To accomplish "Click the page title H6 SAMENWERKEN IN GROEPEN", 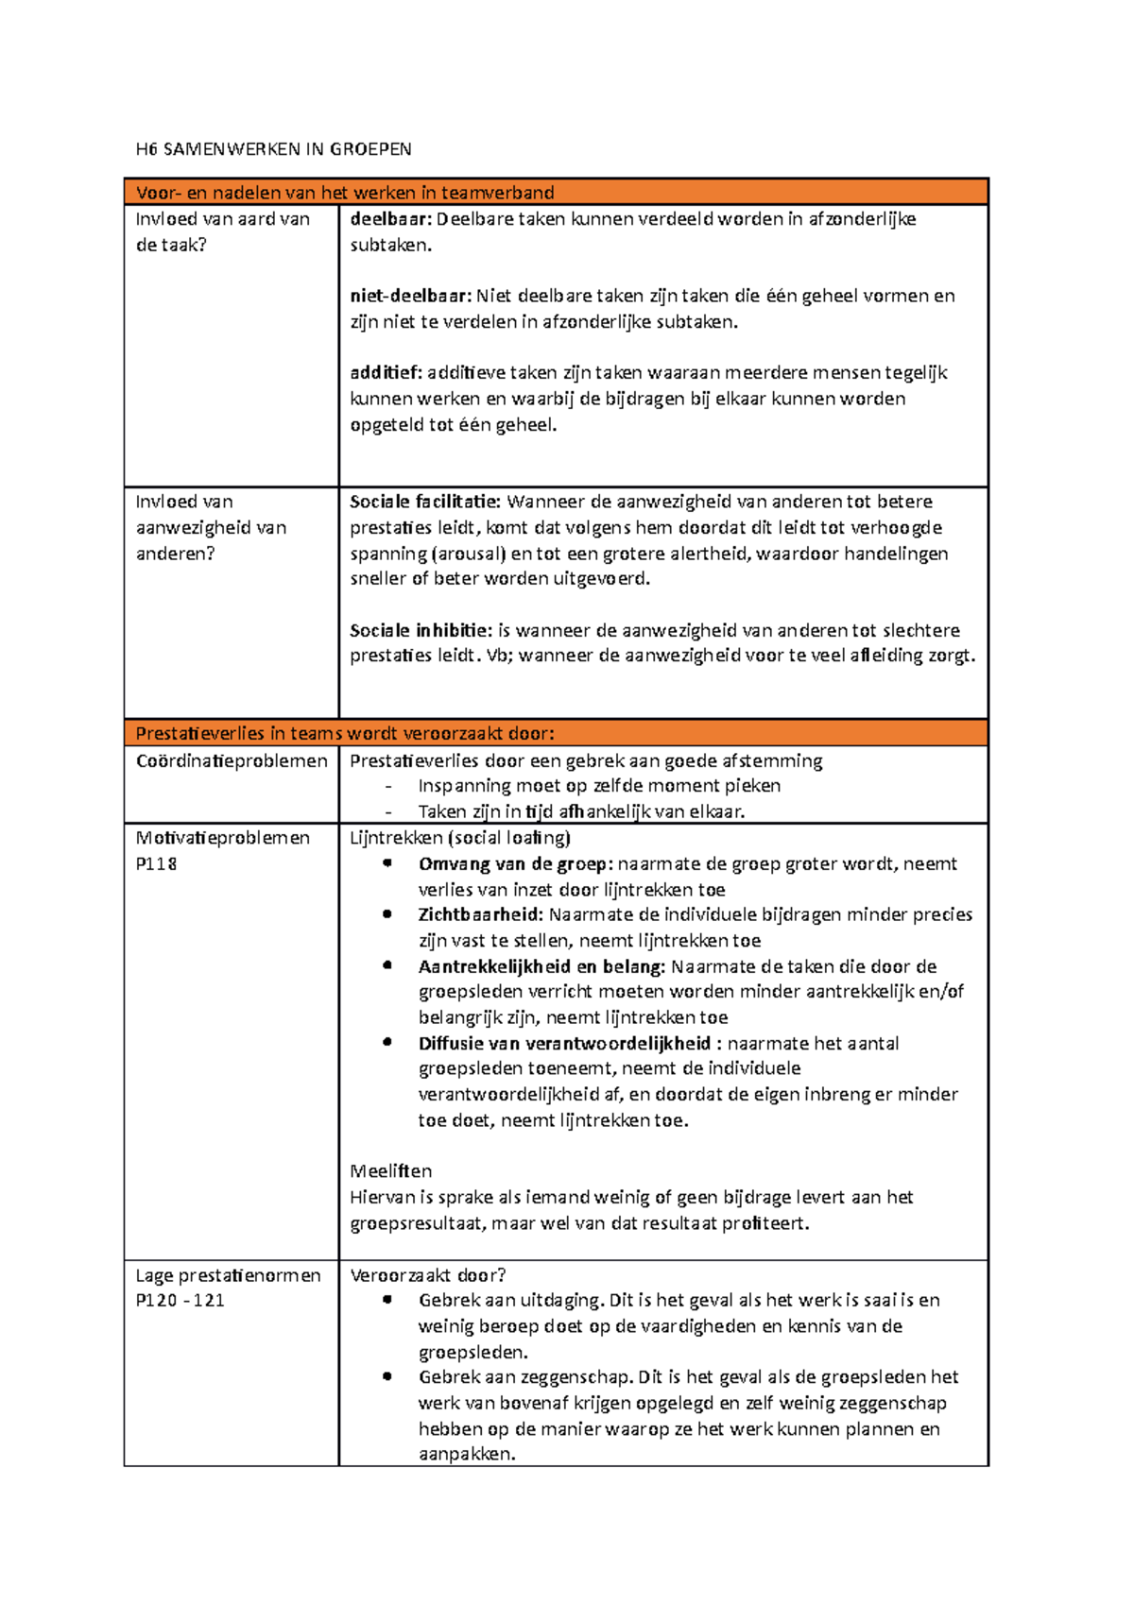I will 273,149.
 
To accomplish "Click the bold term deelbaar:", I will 390,219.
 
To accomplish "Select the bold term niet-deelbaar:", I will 410,296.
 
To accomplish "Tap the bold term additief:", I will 386,373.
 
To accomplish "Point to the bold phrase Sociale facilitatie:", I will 425,502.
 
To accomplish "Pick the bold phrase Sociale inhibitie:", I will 421,630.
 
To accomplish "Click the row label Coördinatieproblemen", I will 232,761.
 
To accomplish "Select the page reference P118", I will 157,863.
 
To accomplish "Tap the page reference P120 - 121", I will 180,1301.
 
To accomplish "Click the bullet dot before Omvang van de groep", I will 387,863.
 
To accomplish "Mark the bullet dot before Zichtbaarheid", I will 387,914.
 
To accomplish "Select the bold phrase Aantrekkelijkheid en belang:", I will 541,966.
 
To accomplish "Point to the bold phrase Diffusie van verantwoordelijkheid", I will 564,1044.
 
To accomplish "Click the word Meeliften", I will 391,1171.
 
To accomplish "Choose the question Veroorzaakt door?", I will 427,1275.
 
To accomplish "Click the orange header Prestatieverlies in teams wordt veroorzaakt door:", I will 345,734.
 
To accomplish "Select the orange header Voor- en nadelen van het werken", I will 345,193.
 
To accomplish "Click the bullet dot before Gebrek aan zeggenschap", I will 387,1377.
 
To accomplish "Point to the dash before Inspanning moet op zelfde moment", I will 387,787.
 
